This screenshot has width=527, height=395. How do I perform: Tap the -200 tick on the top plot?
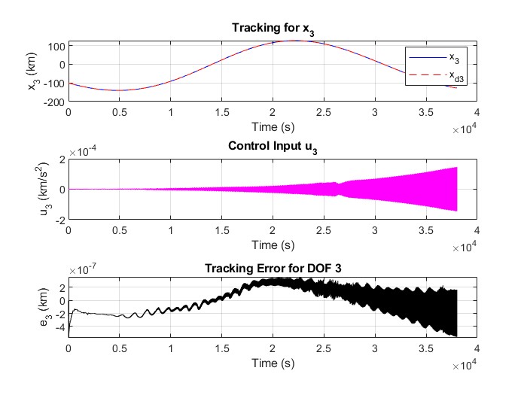[54, 99]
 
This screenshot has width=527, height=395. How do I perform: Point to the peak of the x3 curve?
[295, 41]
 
